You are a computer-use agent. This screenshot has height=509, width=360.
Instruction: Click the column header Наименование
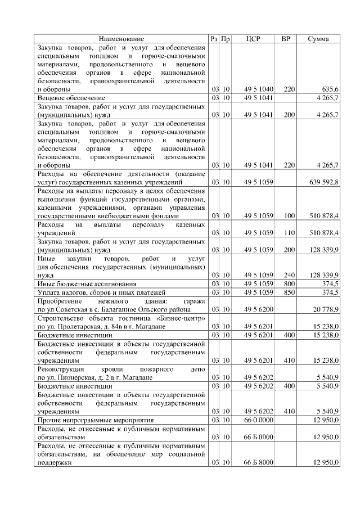121,39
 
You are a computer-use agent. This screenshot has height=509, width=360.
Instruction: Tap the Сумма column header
319,39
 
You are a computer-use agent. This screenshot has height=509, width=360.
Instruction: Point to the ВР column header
286,39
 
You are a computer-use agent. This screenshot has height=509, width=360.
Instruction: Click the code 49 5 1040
259,89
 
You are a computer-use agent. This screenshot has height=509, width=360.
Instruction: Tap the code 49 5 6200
259,309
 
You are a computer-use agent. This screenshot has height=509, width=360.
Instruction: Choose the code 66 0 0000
259,420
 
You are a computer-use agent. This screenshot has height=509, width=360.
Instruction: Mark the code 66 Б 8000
259,462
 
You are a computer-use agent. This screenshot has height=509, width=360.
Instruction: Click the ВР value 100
289,215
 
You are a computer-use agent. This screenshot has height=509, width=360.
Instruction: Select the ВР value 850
289,292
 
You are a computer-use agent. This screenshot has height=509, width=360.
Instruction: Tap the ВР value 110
289,232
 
